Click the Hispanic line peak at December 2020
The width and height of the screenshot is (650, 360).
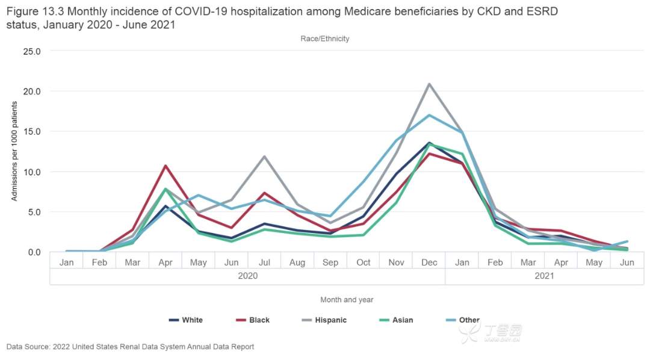pyautogui.click(x=429, y=84)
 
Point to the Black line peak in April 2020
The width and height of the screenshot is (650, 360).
pyautogui.click(x=166, y=166)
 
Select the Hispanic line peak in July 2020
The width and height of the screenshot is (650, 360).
pyautogui.click(x=264, y=157)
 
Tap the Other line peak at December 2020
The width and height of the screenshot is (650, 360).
pyautogui.click(x=429, y=115)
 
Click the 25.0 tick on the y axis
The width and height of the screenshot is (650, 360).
pyautogui.click(x=32, y=51)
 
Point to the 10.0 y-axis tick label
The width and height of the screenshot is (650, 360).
pyautogui.click(x=32, y=172)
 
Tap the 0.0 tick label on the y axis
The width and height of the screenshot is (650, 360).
pyautogui.click(x=34, y=252)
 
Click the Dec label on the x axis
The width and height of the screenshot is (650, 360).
pyautogui.click(x=429, y=262)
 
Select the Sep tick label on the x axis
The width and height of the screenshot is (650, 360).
pyautogui.click(x=330, y=262)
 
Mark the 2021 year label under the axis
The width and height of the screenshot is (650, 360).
pyautogui.click(x=544, y=276)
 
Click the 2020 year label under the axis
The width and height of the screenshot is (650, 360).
pyautogui.click(x=248, y=276)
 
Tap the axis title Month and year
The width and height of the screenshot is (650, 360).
pyautogui.click(x=347, y=299)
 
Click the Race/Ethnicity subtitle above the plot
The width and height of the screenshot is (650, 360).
pyautogui.click(x=325, y=39)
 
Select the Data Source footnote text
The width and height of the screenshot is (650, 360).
pyautogui.click(x=130, y=347)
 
